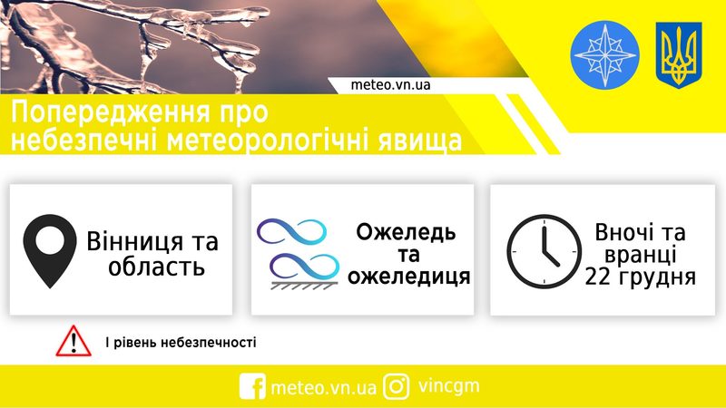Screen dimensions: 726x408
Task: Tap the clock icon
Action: tap(544, 252)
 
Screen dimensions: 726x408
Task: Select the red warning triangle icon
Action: tap(74, 341)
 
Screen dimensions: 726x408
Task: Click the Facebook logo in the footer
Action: tap(252, 386)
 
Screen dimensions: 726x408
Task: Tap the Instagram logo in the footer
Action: tap(397, 386)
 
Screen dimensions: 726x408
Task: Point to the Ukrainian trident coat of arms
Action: tap(679, 55)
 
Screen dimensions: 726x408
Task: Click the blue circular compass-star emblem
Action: tap(604, 54)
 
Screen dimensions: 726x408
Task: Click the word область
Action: tap(156, 267)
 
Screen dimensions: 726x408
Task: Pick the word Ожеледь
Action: tap(406, 232)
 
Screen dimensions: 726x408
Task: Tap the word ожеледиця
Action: tap(409, 277)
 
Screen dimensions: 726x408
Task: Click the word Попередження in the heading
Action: tap(110, 112)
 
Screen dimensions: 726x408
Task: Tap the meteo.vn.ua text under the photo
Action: tap(390, 85)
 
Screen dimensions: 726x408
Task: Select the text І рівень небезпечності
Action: tap(181, 343)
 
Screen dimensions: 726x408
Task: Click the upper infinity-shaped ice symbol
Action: tap(291, 231)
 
